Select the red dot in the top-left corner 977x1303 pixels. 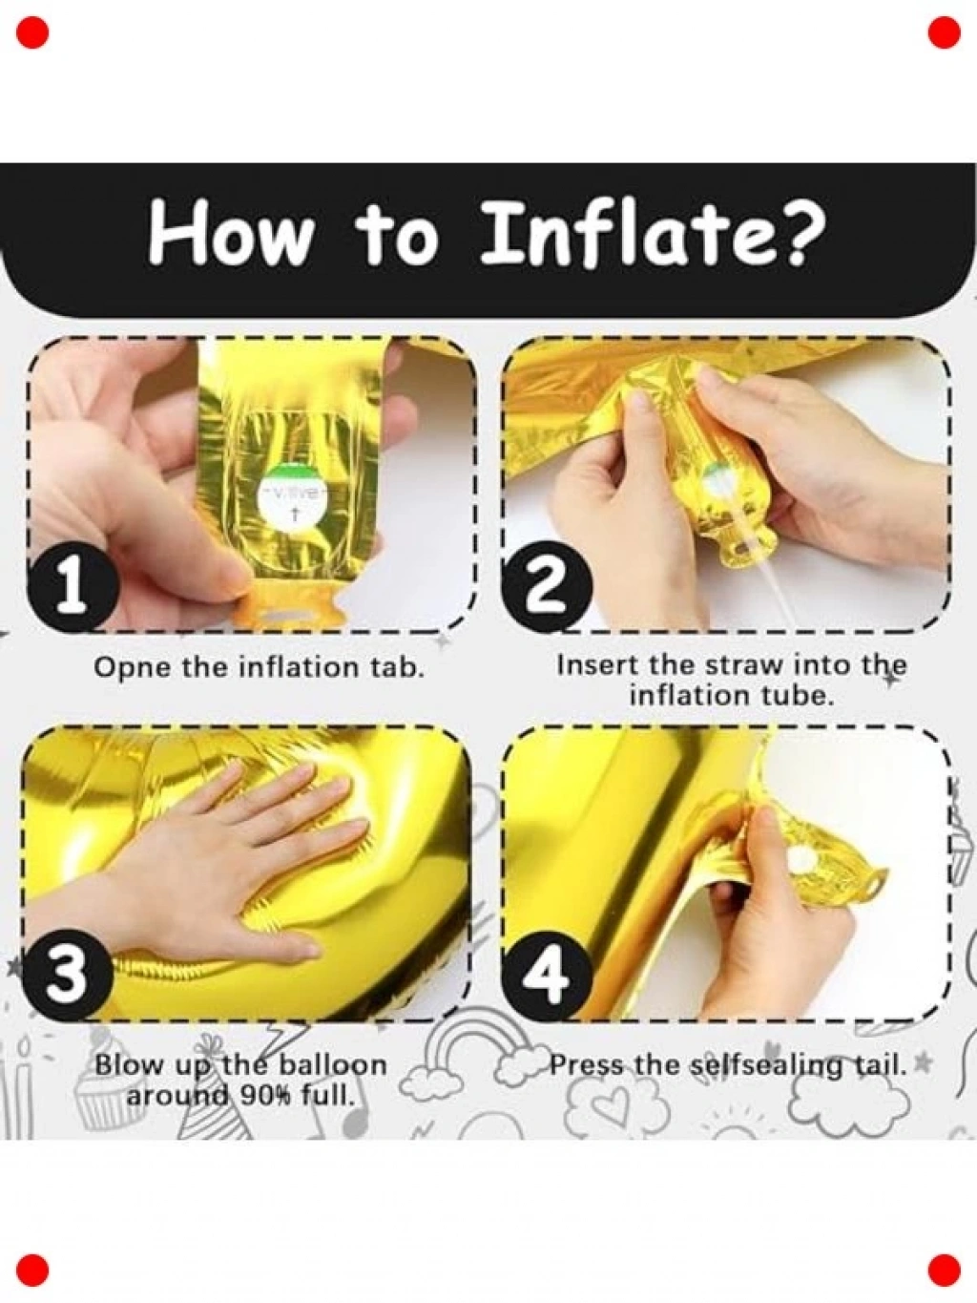32,32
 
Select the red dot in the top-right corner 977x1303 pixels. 944,32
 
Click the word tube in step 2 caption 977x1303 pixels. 800,695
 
